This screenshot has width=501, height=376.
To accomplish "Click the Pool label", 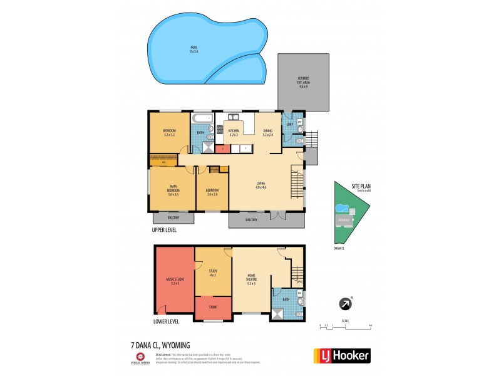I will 194,49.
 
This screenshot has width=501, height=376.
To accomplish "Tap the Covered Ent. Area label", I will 303,82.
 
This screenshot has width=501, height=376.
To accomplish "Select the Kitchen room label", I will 234,133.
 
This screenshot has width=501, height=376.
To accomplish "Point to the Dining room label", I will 268,133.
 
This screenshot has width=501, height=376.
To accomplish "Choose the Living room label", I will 261,184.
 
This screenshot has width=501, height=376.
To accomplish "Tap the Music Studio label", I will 175,281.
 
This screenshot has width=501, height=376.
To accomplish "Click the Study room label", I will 213,273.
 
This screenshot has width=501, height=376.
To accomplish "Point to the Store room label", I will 213,307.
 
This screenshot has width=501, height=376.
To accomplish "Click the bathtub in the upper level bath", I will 202,118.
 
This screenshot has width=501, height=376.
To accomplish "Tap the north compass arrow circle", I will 344,305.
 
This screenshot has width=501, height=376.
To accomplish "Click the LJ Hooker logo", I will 341,355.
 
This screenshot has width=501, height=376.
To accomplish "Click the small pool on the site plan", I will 341,208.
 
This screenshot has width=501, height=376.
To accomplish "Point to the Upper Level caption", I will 164,230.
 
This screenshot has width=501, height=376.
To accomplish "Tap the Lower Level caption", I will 166,321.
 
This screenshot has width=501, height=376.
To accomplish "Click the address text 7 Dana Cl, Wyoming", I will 160,345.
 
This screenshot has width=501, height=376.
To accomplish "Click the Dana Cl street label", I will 339,247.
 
